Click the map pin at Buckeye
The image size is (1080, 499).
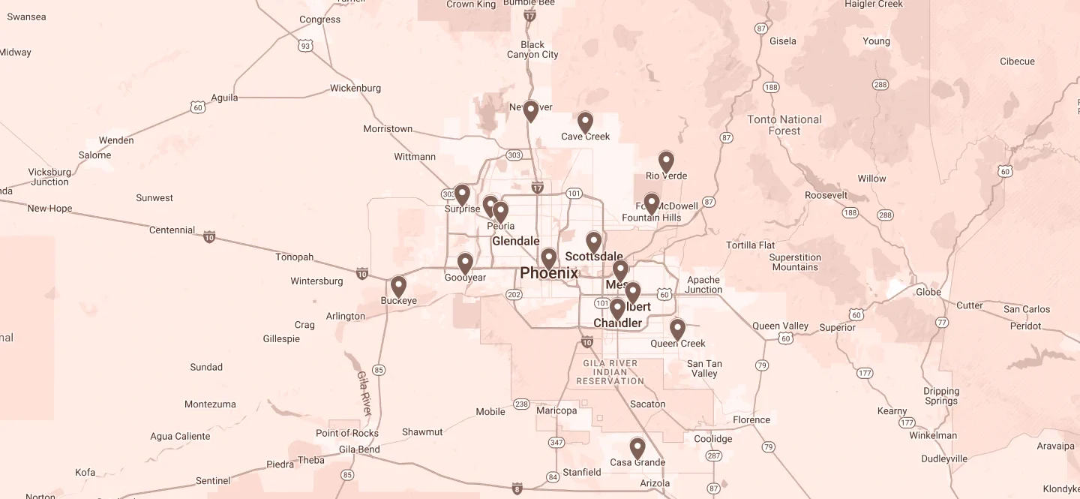(x=398, y=287)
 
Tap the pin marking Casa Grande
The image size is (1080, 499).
(x=637, y=448)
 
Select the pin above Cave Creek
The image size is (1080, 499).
(x=585, y=122)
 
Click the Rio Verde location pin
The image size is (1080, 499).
(x=666, y=161)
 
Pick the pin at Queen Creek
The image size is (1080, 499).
(x=677, y=329)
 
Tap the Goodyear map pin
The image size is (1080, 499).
(x=465, y=263)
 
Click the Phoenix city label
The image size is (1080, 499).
(x=549, y=273)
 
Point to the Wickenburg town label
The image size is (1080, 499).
(x=355, y=89)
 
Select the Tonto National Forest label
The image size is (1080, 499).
(x=784, y=125)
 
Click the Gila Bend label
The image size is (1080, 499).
(x=359, y=449)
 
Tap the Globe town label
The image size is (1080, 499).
(x=928, y=292)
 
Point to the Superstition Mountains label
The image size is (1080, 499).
(x=795, y=262)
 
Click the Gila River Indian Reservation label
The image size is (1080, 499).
(x=610, y=372)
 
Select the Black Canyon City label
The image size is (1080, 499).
(x=532, y=50)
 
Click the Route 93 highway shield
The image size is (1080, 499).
(x=304, y=47)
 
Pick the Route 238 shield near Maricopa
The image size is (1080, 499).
(x=521, y=404)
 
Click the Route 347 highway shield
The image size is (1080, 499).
(x=556, y=443)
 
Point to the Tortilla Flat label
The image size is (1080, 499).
(x=751, y=245)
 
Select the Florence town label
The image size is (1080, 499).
(x=751, y=419)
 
